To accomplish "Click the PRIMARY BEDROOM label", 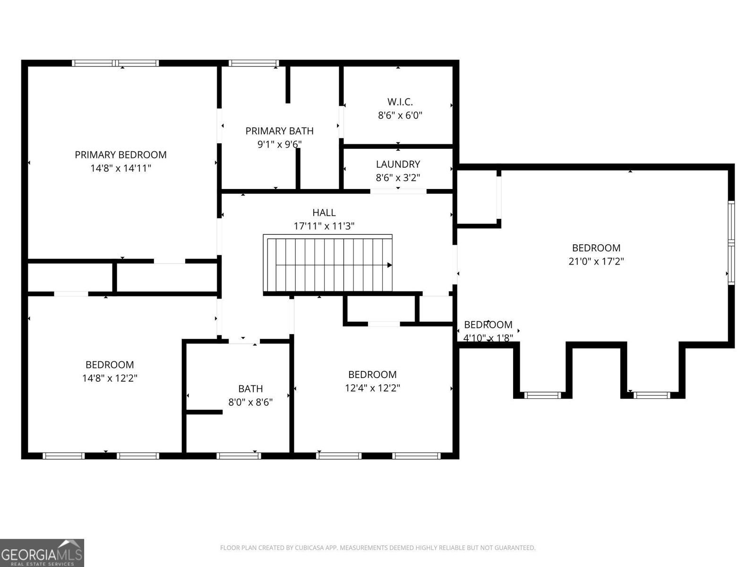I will point(120,155).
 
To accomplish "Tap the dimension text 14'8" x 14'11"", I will point(120,168).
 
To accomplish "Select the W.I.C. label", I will point(400,102).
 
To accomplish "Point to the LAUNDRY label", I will point(398,164).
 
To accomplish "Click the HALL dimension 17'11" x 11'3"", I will point(324,226).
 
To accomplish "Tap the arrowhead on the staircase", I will point(389,265).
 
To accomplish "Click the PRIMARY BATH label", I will point(279,131).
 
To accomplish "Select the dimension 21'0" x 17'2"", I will point(596,261).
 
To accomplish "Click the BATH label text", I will point(250,388).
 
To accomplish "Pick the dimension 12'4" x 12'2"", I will point(372,388).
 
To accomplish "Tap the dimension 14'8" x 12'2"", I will point(110,378).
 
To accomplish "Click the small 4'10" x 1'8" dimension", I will point(488,338).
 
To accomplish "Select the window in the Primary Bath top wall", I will point(254,63).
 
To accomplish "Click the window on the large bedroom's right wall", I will point(731,242).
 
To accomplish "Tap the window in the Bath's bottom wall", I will point(239,455).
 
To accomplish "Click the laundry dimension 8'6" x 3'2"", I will point(398,178).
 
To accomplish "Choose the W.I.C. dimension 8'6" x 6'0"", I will point(400,115).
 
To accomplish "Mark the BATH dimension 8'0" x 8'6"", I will point(250,402).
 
